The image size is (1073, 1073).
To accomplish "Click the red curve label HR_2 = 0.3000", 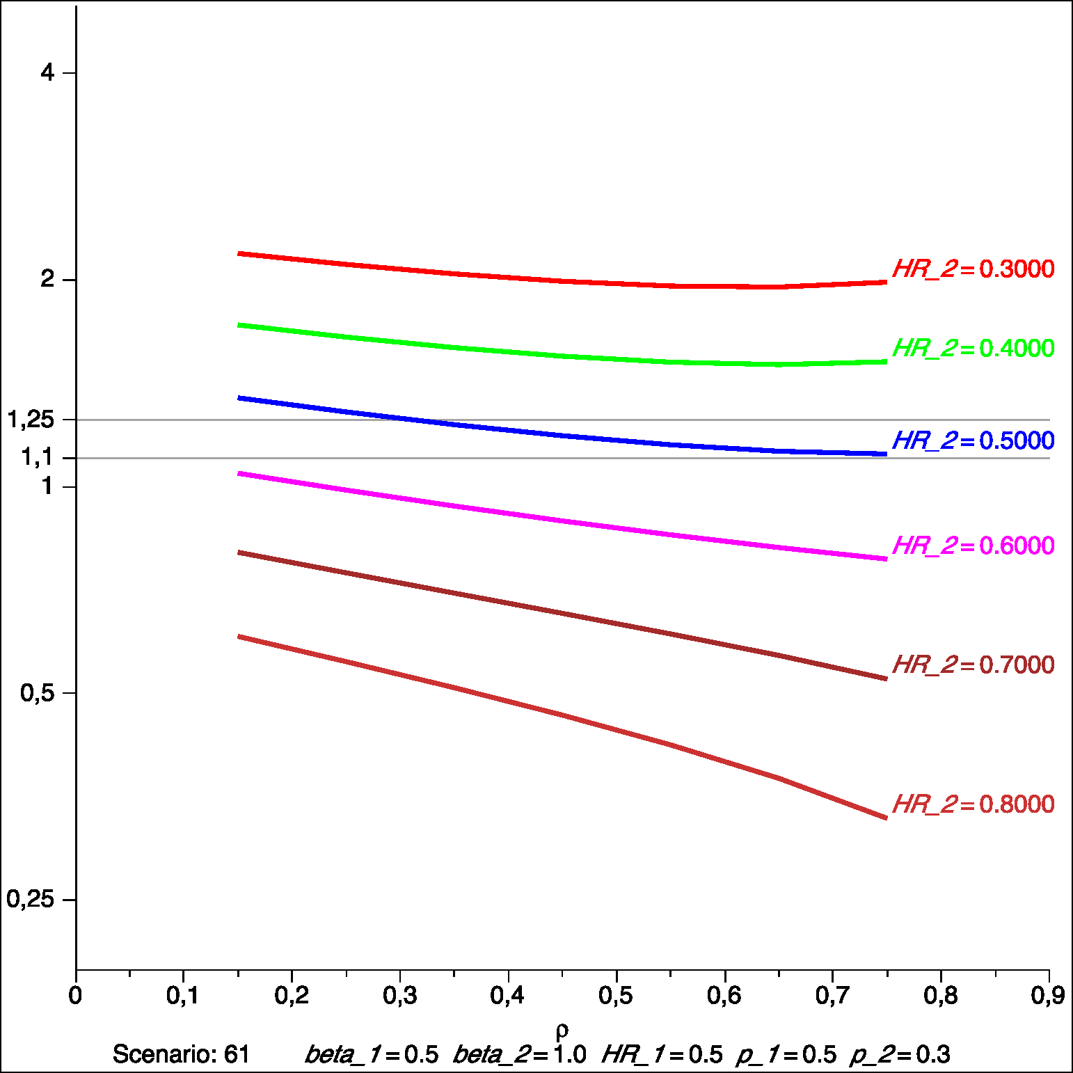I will (x=973, y=269).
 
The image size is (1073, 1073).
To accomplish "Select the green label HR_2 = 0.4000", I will (x=973, y=349).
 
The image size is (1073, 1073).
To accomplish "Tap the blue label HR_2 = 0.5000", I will (x=973, y=441).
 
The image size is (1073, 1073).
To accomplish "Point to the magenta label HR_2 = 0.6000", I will (x=973, y=546).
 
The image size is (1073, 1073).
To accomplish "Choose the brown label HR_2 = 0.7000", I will (x=973, y=665).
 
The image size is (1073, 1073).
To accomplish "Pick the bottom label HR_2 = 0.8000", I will (x=973, y=804).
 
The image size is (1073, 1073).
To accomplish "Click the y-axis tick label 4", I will (x=47, y=72).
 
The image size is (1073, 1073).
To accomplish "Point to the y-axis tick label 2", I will (x=47, y=280).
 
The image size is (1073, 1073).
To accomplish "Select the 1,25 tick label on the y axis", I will (x=31, y=420).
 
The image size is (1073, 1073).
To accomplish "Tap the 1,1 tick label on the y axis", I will (x=37, y=458).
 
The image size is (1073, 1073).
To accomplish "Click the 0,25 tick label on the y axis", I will (x=31, y=900).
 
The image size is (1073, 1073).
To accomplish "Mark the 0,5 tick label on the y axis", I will (x=37, y=693).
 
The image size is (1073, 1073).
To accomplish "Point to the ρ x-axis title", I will (x=562, y=1030).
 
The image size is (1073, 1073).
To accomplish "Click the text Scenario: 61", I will (x=181, y=1055).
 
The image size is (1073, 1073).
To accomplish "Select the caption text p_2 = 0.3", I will (x=900, y=1055).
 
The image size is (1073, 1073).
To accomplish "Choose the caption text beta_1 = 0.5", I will (x=372, y=1055).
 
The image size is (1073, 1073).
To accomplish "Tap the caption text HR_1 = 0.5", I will (x=662, y=1055).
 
